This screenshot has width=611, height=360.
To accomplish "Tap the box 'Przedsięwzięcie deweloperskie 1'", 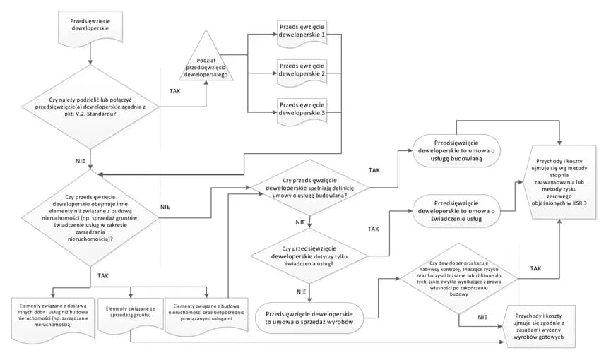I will click(302, 30).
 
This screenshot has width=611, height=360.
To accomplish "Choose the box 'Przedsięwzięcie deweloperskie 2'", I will click(302, 68).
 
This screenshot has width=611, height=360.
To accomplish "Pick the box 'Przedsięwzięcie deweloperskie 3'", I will click(302, 108).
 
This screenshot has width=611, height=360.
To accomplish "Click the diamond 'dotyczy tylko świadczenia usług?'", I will click(309, 253).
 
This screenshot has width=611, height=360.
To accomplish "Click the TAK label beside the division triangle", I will click(175, 91).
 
